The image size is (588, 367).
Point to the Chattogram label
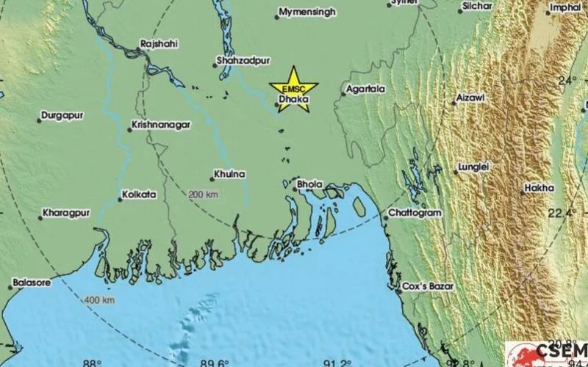tap(416, 213)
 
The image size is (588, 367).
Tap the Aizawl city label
tap(472, 98)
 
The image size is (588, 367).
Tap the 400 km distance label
tap(98, 300)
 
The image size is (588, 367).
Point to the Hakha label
tap(540, 189)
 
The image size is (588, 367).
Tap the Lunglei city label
tap(472, 167)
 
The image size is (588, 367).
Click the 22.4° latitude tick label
tap(561, 213)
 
